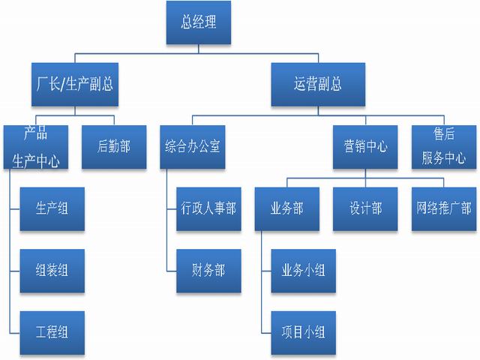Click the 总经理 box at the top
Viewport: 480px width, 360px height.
[198, 22]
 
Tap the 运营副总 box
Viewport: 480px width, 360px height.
[318, 83]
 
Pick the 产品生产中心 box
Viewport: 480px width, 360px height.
[35, 146]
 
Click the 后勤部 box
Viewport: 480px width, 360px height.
[113, 146]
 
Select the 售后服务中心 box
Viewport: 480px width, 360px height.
[443, 146]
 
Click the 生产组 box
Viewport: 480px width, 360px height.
[52, 208]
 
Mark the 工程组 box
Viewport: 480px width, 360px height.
[52, 331]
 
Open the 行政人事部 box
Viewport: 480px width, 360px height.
[208, 208]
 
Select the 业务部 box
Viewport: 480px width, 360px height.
[286, 208]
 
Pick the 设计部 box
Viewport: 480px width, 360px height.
[365, 208]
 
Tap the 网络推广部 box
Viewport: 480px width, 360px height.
[443, 208]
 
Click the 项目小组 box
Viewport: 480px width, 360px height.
[303, 331]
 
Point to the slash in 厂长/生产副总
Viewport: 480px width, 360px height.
[63, 84]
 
